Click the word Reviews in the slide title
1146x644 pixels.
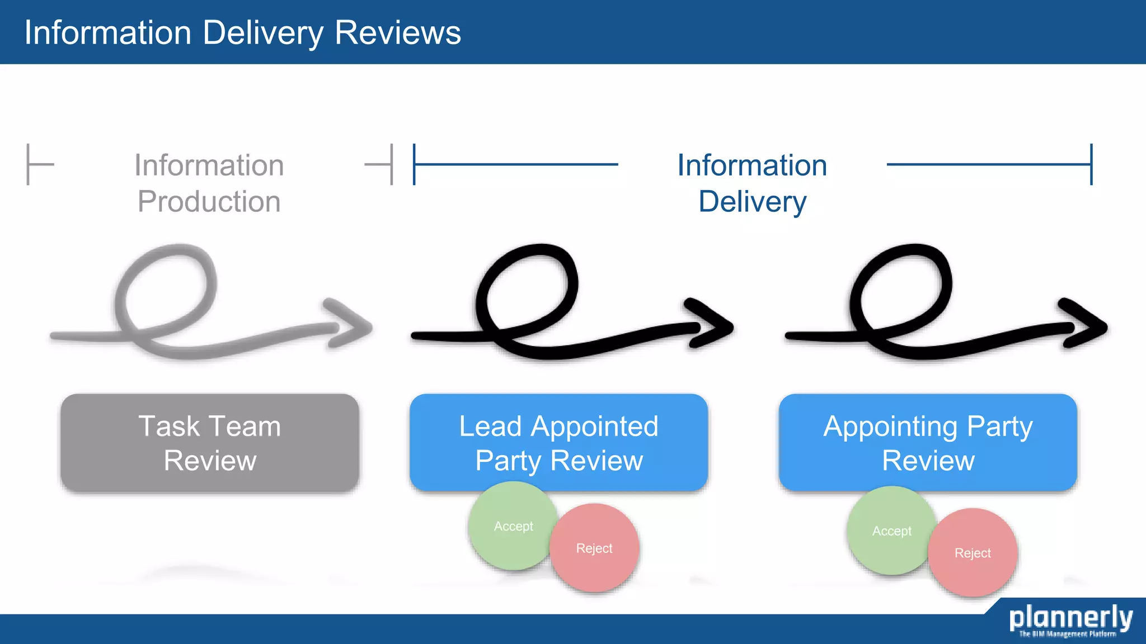point(397,32)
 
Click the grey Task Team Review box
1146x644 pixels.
point(210,443)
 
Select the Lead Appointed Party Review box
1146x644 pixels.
point(558,443)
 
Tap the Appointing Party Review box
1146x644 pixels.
point(928,443)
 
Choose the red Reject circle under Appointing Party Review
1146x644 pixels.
point(973,553)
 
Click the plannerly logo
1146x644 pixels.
point(1070,618)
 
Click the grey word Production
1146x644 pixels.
point(209,201)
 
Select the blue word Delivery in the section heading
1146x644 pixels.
point(752,201)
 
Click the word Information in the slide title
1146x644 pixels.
point(108,32)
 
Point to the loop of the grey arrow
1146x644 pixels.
point(166,291)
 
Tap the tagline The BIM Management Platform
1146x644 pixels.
point(1067,634)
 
